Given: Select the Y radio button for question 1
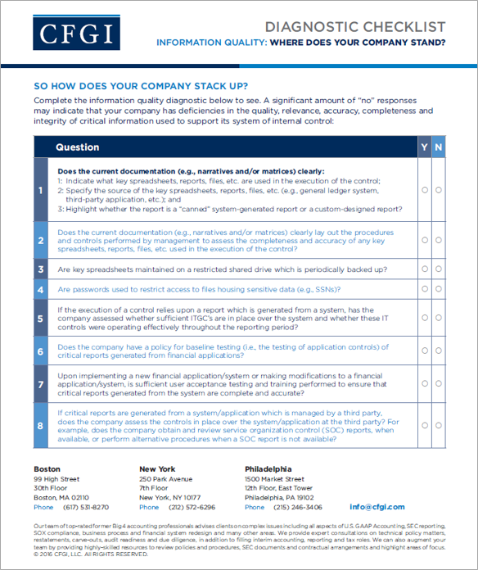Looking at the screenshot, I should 425,190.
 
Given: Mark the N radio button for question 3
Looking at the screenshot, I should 440,269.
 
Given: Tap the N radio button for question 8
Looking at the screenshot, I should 440,426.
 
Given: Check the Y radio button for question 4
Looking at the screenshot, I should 425,290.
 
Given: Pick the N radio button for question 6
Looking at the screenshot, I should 440,352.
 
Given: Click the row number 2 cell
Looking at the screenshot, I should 41,241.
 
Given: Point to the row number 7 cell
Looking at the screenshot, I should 41,383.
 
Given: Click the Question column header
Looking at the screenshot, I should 78,147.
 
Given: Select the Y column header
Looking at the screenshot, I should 424,147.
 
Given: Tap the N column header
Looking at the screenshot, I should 440,147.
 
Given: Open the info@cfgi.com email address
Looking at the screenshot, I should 377,507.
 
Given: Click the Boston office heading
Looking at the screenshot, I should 47,469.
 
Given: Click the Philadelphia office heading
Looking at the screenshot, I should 270,469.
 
